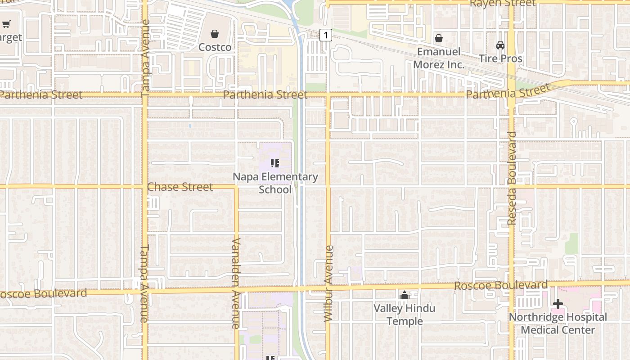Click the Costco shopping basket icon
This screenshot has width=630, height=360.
(215, 34)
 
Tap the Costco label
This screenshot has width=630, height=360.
(215, 47)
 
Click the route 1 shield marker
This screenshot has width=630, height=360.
(326, 35)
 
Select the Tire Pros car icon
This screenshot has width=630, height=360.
(500, 45)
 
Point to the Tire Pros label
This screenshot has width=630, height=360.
(500, 58)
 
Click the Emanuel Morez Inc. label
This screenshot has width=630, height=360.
(438, 58)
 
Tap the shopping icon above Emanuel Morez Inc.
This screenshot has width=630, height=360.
(438, 38)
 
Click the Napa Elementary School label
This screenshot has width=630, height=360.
(275, 183)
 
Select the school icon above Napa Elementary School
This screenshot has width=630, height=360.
(275, 163)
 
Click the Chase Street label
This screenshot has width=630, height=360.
(180, 187)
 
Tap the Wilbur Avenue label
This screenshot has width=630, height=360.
(328, 283)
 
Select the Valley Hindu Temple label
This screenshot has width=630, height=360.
(405, 315)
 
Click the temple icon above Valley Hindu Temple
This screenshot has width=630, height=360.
(405, 296)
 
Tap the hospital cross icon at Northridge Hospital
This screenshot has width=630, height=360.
(558, 304)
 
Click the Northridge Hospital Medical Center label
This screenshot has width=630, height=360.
(558, 324)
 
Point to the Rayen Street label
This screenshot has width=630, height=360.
(502, 4)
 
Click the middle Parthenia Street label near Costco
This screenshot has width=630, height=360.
(265, 95)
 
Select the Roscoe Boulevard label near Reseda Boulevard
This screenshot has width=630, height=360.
(500, 286)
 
